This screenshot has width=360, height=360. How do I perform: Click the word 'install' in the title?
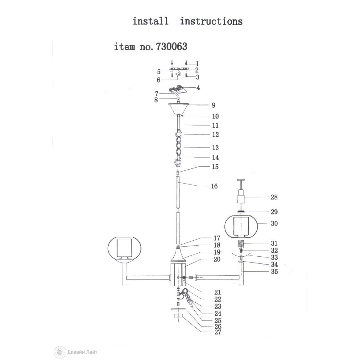click(151, 21)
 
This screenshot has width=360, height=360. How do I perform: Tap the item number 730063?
click(172, 47)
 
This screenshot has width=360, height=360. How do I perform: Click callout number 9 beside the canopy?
click(213, 105)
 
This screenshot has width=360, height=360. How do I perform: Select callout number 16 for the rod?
click(214, 186)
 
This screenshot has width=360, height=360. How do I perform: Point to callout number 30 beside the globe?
click(274, 223)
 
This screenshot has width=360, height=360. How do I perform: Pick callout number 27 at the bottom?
click(218, 332)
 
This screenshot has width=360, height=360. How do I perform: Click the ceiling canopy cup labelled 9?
click(179, 109)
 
